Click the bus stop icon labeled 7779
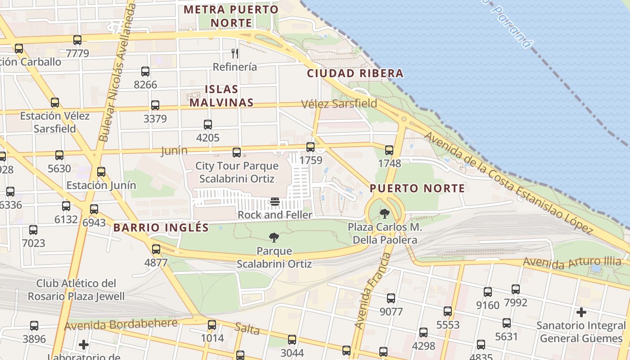(77, 40)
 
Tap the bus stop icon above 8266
(145, 72)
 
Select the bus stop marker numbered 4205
(207, 125)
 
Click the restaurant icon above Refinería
(234, 54)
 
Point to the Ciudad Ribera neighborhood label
(355, 73)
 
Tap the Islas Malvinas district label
(221, 96)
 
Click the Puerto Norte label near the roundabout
(417, 189)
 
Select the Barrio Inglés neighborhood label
(161, 228)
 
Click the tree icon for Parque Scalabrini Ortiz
(274, 238)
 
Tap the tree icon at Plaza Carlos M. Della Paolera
(384, 213)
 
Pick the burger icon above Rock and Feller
(275, 202)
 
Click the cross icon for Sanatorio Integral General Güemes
(581, 312)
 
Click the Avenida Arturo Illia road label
(572, 262)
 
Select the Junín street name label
(174, 151)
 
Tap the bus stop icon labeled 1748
(389, 150)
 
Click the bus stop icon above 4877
(156, 249)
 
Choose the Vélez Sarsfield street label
(339, 104)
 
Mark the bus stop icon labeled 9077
(391, 298)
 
